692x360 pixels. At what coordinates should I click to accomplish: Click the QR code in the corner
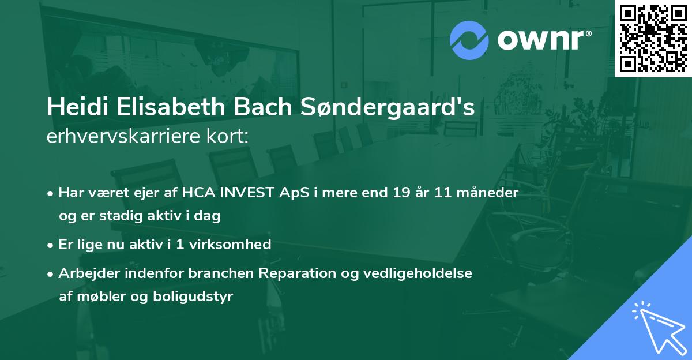pyautogui.click(x=653, y=38)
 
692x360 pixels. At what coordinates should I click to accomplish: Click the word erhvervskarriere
pyautogui.click(x=122, y=137)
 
